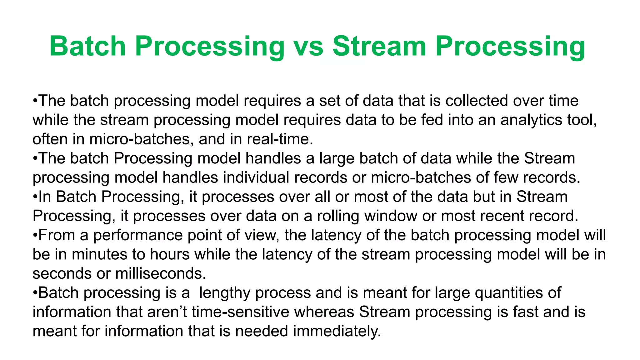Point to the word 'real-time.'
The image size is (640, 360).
click(280, 139)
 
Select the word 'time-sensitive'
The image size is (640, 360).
click(241, 312)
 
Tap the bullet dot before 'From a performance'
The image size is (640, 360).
click(35, 235)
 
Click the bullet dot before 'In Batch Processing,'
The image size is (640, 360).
click(35, 197)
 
